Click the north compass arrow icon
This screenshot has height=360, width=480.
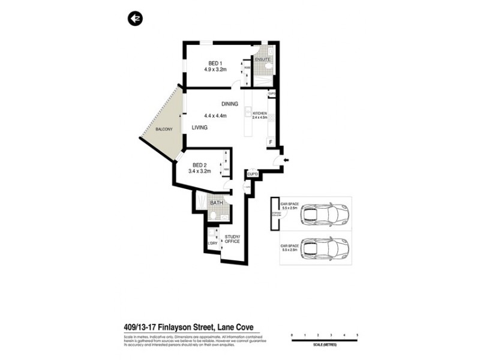135,20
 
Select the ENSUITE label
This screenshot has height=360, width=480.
262,60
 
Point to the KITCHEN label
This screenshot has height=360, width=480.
259,113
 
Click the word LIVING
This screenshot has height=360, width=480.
200,128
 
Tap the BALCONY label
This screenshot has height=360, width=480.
164,130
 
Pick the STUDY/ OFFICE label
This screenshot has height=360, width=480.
232,239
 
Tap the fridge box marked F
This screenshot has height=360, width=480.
271,142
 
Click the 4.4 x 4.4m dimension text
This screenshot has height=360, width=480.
215,116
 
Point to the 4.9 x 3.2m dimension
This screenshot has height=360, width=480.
215,70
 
